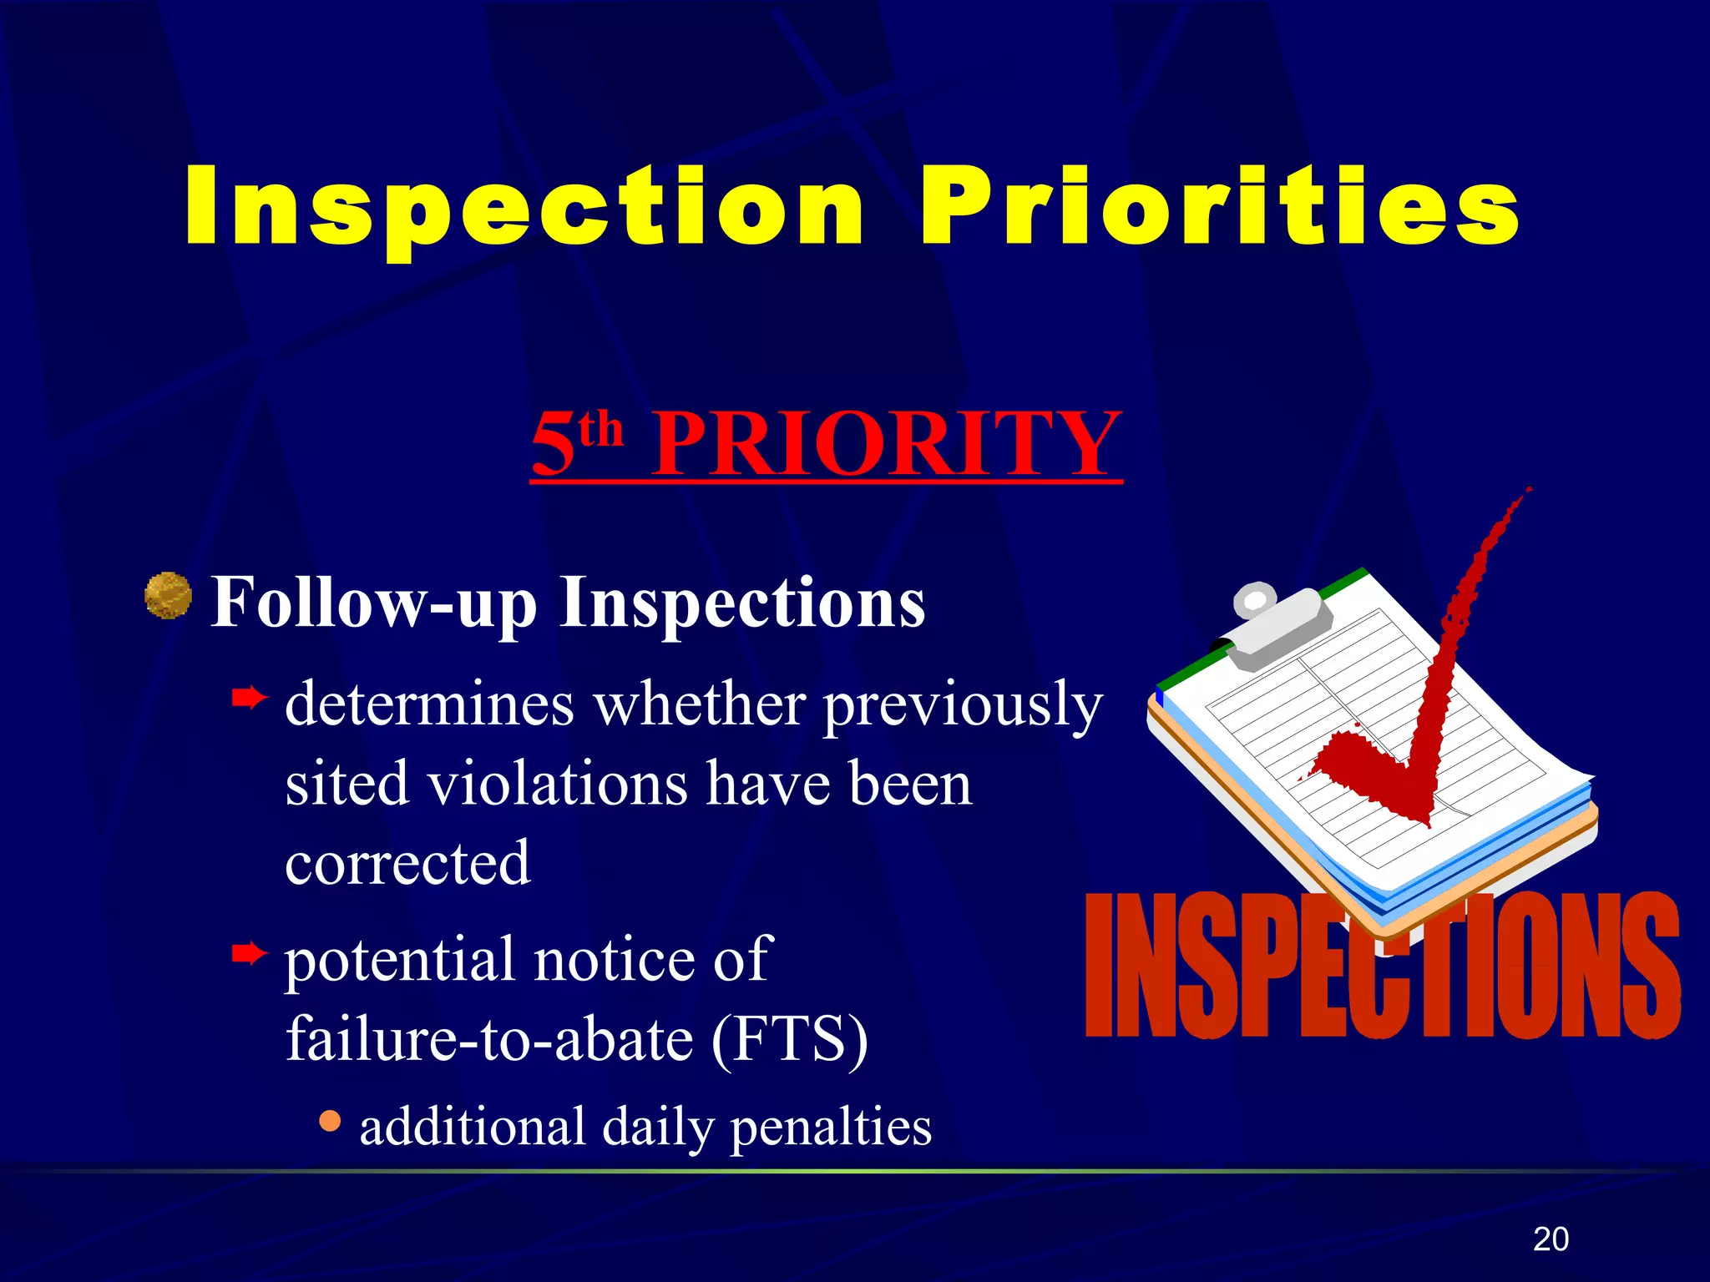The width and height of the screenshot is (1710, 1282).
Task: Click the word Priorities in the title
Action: point(1219,206)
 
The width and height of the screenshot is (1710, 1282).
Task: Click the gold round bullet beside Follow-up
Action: point(168,595)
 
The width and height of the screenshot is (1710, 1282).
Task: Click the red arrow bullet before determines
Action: point(249,696)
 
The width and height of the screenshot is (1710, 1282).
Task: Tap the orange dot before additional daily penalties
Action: point(330,1120)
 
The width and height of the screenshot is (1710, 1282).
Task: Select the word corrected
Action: point(407,863)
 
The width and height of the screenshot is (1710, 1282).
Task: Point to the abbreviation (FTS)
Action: point(790,1040)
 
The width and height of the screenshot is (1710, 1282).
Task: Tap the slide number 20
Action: point(1551,1239)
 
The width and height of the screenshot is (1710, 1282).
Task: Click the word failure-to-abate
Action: point(489,1040)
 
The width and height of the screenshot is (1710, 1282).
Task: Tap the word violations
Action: point(558,785)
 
